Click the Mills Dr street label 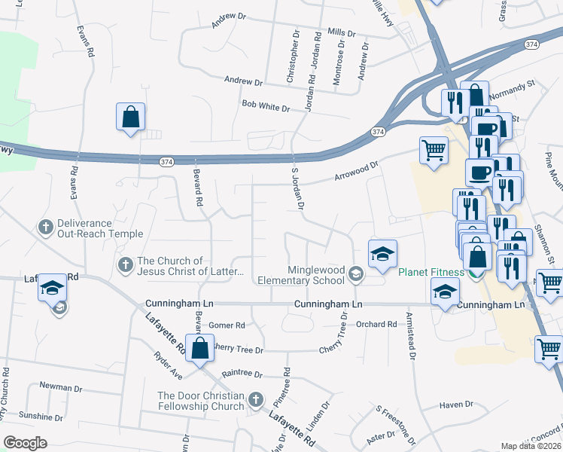click(x=341, y=34)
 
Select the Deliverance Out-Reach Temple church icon click(x=45, y=227)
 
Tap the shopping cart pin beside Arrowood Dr click(x=434, y=151)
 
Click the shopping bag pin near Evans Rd click(x=130, y=117)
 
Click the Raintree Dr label click(x=242, y=374)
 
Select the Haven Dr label click(x=457, y=405)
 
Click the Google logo click(x=25, y=442)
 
